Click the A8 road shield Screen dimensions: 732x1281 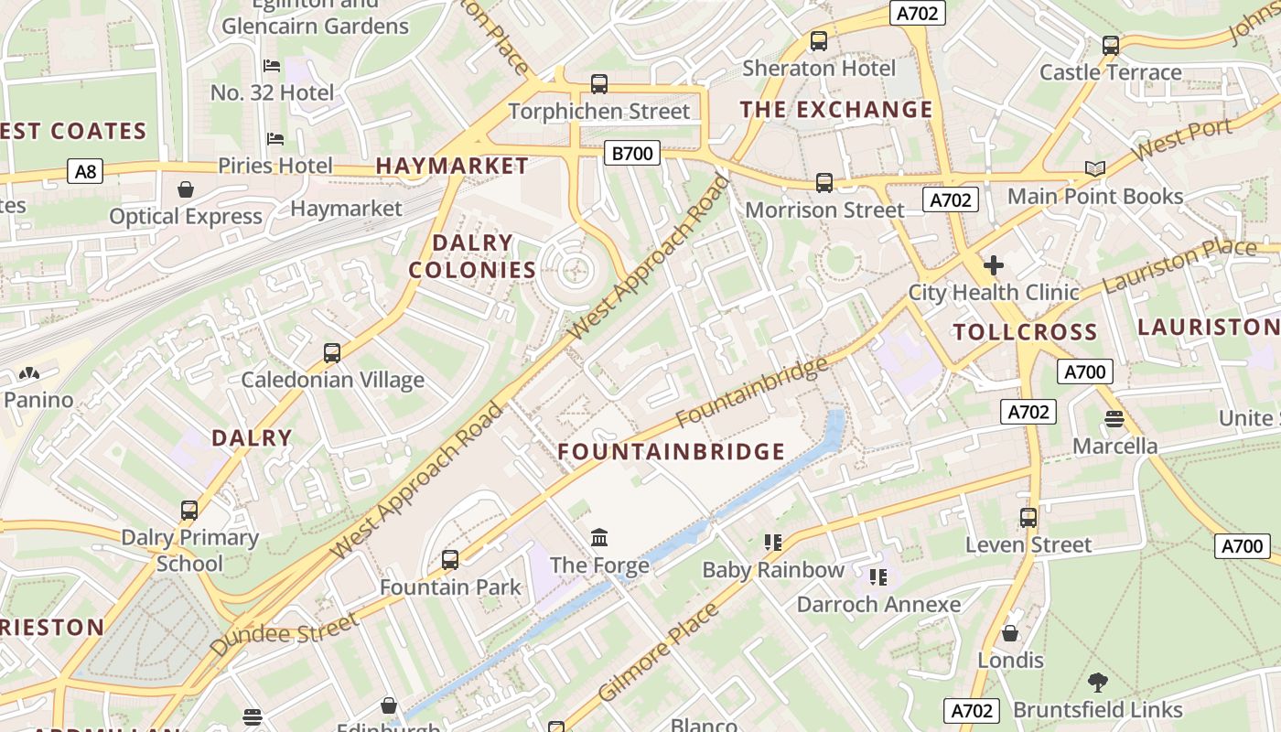pyautogui.click(x=84, y=170)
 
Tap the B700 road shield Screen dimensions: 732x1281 pyautogui.click(x=632, y=153)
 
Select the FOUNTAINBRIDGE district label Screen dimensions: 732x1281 pyautogui.click(x=672, y=451)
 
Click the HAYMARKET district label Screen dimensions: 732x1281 pyautogui.click(x=452, y=166)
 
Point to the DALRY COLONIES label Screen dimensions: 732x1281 pyautogui.click(x=472, y=256)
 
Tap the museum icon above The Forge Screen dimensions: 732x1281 pyautogui.click(x=600, y=537)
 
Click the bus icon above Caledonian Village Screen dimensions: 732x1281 pyautogui.click(x=332, y=352)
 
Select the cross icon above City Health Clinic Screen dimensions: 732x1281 pyautogui.click(x=993, y=265)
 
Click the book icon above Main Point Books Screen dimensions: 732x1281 pyautogui.click(x=1095, y=168)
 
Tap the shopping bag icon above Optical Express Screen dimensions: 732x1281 pyautogui.click(x=186, y=189)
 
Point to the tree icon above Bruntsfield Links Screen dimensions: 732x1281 pyautogui.click(x=1097, y=682)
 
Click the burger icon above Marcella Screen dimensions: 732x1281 pyautogui.click(x=1114, y=419)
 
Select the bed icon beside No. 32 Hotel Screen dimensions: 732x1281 pyautogui.click(x=272, y=65)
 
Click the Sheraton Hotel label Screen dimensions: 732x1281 pyautogui.click(x=819, y=68)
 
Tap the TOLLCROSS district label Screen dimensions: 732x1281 pyautogui.click(x=1025, y=331)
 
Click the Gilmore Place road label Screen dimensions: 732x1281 pyautogui.click(x=658, y=653)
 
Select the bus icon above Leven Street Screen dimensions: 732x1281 pyautogui.click(x=1028, y=517)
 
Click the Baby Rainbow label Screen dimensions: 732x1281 pyautogui.click(x=773, y=570)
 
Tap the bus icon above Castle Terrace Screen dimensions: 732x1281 pyautogui.click(x=1111, y=45)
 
